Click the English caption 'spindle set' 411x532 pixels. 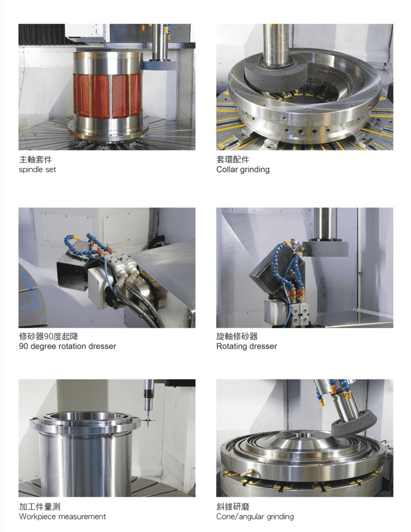[37, 170]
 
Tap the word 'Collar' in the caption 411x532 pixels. [227, 170]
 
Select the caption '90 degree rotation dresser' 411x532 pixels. [67, 346]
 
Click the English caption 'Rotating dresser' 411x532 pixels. [247, 346]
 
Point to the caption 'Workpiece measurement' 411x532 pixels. [62, 516]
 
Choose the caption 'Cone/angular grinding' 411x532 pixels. [255, 516]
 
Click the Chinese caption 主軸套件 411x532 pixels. [35, 159]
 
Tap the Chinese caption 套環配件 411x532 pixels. [233, 159]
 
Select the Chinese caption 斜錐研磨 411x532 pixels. [233, 506]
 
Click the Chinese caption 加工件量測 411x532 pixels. [39, 506]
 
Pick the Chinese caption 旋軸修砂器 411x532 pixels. [237, 336]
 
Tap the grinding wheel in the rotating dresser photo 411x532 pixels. [325, 248]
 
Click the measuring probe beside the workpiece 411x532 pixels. [148, 403]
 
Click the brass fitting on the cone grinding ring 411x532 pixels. [248, 473]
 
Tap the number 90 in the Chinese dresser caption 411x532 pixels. [48, 336]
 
